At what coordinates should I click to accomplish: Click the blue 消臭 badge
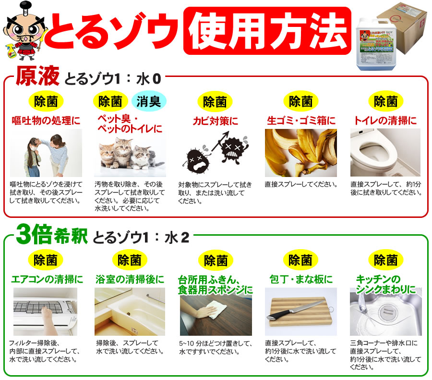click(149, 101)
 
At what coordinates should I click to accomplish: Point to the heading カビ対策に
click(215, 120)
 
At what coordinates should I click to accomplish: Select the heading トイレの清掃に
click(385, 120)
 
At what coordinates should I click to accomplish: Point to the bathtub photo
click(130, 311)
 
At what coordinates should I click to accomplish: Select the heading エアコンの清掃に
click(47, 279)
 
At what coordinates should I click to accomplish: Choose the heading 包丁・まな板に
click(301, 279)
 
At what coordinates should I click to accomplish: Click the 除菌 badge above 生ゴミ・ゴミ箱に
click(300, 101)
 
